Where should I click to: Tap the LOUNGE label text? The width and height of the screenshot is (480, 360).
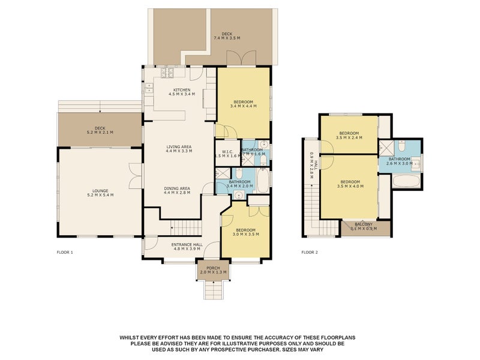point(100,191)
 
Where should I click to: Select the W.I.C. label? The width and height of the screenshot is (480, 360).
point(223,151)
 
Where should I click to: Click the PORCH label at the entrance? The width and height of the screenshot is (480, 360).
point(213,268)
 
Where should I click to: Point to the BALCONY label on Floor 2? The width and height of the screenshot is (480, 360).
point(364,224)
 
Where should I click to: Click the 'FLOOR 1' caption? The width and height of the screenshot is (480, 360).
point(64,253)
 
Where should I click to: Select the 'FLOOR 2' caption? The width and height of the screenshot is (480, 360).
point(310,253)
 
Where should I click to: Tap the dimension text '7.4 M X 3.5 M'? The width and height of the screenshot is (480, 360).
point(227,38)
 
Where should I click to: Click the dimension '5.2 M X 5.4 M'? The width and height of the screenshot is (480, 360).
point(100,196)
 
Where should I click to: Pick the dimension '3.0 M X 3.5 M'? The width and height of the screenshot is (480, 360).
point(246,235)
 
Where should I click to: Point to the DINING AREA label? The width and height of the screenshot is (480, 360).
point(178,188)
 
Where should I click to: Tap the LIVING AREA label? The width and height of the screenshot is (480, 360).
point(178,146)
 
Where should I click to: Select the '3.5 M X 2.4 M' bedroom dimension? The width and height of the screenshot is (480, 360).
point(349,137)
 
